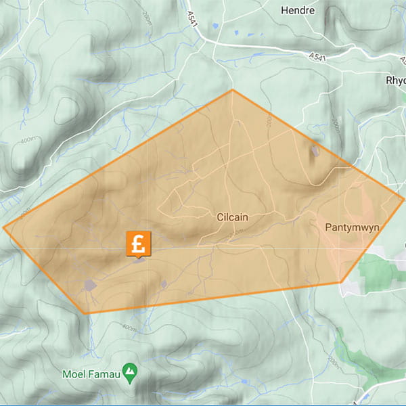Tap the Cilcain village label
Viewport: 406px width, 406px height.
point(233,217)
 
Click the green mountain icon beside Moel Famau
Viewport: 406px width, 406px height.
point(132,371)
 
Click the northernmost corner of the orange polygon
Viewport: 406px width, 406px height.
point(232,89)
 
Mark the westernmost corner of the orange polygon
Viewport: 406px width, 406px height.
point(3,227)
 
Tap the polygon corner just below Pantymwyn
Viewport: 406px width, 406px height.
point(341,282)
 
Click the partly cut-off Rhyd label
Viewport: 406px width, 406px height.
point(394,79)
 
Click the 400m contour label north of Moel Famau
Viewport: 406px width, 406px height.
point(129,328)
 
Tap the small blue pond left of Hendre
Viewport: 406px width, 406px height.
point(215,26)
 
